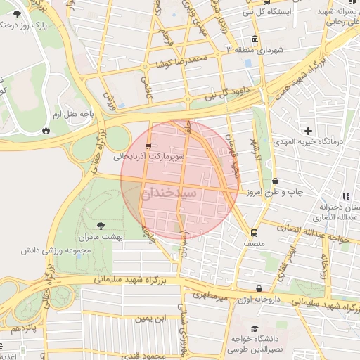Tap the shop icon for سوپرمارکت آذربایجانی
click(147, 146)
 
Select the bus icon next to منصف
click(252, 234)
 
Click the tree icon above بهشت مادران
click(100, 226)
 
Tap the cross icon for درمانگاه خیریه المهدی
click(308, 131)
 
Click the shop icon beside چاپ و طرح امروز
click(274, 181)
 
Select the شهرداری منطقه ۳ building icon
click(253, 38)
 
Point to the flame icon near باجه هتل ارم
click(46, 130)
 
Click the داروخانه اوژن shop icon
click(259, 288)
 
